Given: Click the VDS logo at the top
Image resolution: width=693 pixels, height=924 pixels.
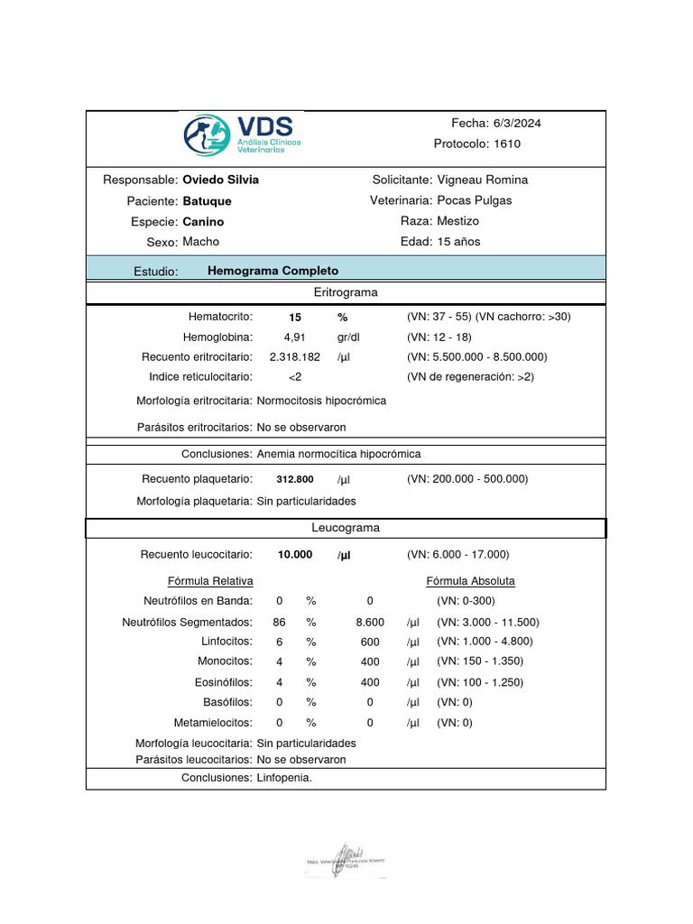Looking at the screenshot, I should tap(242, 134).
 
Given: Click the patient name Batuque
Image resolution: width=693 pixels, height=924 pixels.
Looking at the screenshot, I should tap(207, 200).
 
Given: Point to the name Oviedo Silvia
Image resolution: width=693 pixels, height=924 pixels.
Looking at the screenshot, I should tap(220, 180).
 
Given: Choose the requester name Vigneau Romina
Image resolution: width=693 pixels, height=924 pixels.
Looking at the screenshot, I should tap(482, 180).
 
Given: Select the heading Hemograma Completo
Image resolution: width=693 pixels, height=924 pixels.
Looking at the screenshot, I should tap(273, 271).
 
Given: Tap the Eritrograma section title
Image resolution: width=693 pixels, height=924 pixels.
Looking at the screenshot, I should tap(346, 292).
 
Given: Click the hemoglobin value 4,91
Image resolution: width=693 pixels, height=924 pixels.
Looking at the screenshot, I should tap(295, 337).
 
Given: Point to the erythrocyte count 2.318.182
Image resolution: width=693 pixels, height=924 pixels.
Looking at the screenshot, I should tap(295, 356).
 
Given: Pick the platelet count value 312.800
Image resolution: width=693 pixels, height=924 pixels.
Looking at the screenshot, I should tap(295, 479).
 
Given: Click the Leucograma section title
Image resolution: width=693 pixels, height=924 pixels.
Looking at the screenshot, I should tap(346, 527).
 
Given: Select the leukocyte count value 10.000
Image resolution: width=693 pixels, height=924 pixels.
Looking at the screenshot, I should tap(295, 555).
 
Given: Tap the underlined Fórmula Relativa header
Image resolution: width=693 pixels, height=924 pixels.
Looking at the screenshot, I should tap(210, 580).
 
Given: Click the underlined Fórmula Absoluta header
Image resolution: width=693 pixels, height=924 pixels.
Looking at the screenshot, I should tap(470, 580).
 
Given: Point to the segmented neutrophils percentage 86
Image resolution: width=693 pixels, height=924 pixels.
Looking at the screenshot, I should tap(280, 622).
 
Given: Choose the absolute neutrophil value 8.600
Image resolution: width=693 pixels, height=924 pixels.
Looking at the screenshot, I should tap(370, 622).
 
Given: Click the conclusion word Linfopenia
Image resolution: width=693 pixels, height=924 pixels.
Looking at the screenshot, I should tap(284, 777).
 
